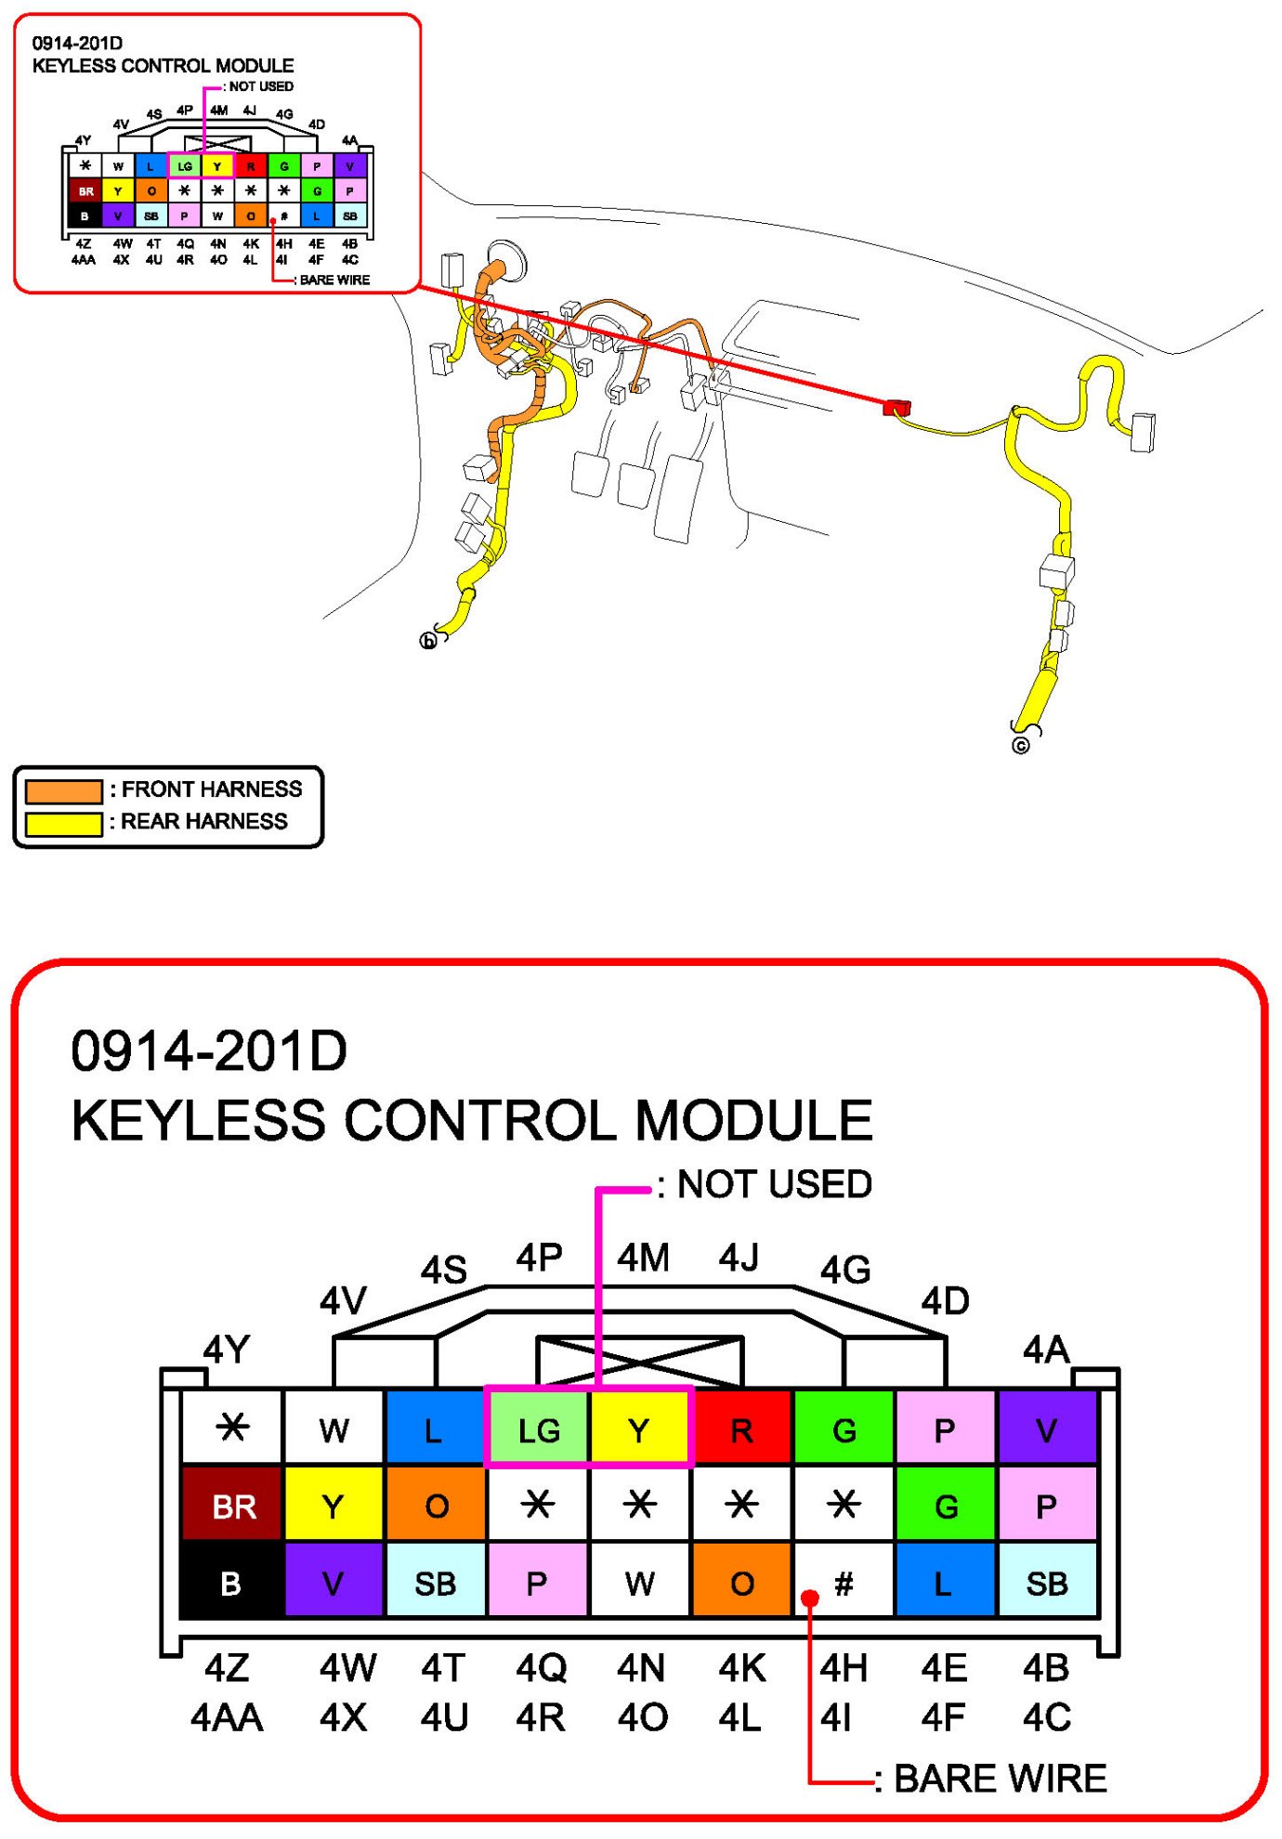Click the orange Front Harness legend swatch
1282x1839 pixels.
63,791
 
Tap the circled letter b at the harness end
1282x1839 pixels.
428,641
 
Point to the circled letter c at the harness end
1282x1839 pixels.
1021,746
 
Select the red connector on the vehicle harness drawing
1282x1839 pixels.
896,407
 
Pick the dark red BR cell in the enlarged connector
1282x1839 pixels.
232,1506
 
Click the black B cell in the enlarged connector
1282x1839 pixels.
231,1583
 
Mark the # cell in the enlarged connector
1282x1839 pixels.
844,1583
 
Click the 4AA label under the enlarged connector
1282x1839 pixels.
227,1718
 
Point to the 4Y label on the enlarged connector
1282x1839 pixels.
227,1349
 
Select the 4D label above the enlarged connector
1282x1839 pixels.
945,1301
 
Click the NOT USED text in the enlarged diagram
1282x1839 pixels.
774,1184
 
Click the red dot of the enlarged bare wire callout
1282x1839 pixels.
810,1598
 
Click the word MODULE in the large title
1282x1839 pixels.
753,1120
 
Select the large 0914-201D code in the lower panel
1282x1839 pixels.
209,1051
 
